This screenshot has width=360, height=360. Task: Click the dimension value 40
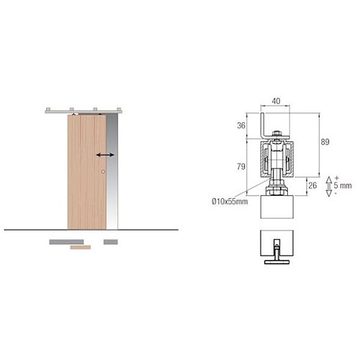click(x=276, y=101)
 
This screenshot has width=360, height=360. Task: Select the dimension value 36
click(x=241, y=125)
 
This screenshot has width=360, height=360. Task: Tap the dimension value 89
click(x=325, y=142)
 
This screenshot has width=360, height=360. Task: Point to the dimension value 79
click(x=241, y=166)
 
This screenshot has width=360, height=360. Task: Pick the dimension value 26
click(x=312, y=186)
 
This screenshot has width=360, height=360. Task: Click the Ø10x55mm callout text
click(x=230, y=202)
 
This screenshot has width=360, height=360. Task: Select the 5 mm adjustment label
click(x=343, y=186)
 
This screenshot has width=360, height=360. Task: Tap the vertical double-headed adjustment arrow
click(x=329, y=186)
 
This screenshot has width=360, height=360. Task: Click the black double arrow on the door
click(x=105, y=155)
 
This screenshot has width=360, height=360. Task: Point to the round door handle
click(x=103, y=171)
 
